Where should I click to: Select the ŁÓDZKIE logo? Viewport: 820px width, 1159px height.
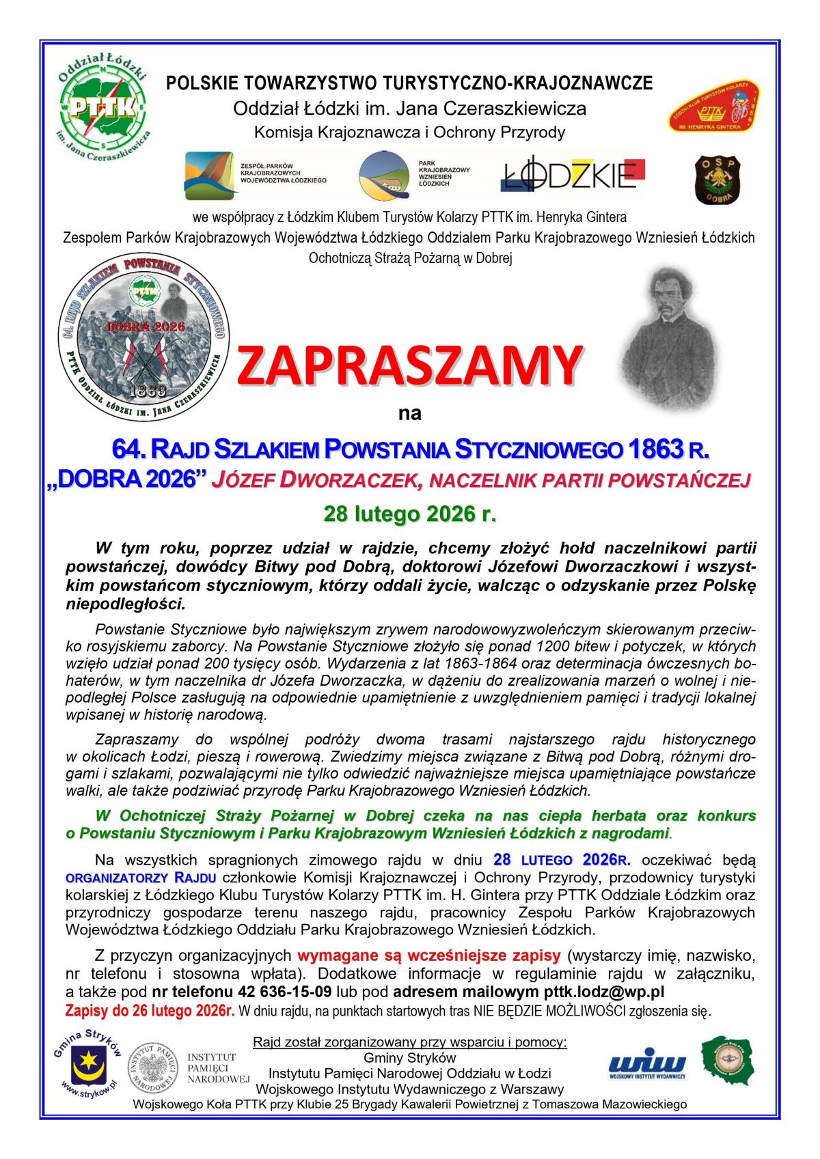[573, 175]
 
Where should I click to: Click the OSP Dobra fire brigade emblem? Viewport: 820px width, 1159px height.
[717, 180]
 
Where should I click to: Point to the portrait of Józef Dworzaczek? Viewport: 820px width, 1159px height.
[668, 338]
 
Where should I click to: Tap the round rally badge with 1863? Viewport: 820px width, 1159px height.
[143, 337]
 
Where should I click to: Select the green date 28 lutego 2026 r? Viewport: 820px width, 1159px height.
[409, 514]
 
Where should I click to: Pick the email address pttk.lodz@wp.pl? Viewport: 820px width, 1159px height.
[603, 992]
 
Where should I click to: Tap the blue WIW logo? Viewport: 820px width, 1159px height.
[646, 1063]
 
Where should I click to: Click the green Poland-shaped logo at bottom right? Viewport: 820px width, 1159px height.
[728, 1060]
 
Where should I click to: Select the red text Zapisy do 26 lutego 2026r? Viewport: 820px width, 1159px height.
[150, 1011]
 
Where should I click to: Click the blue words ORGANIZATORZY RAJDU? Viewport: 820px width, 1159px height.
[141, 878]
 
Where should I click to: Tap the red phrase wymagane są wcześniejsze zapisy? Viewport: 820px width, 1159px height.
[429, 955]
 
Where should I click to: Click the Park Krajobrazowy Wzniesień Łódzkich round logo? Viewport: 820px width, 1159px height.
[384, 175]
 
